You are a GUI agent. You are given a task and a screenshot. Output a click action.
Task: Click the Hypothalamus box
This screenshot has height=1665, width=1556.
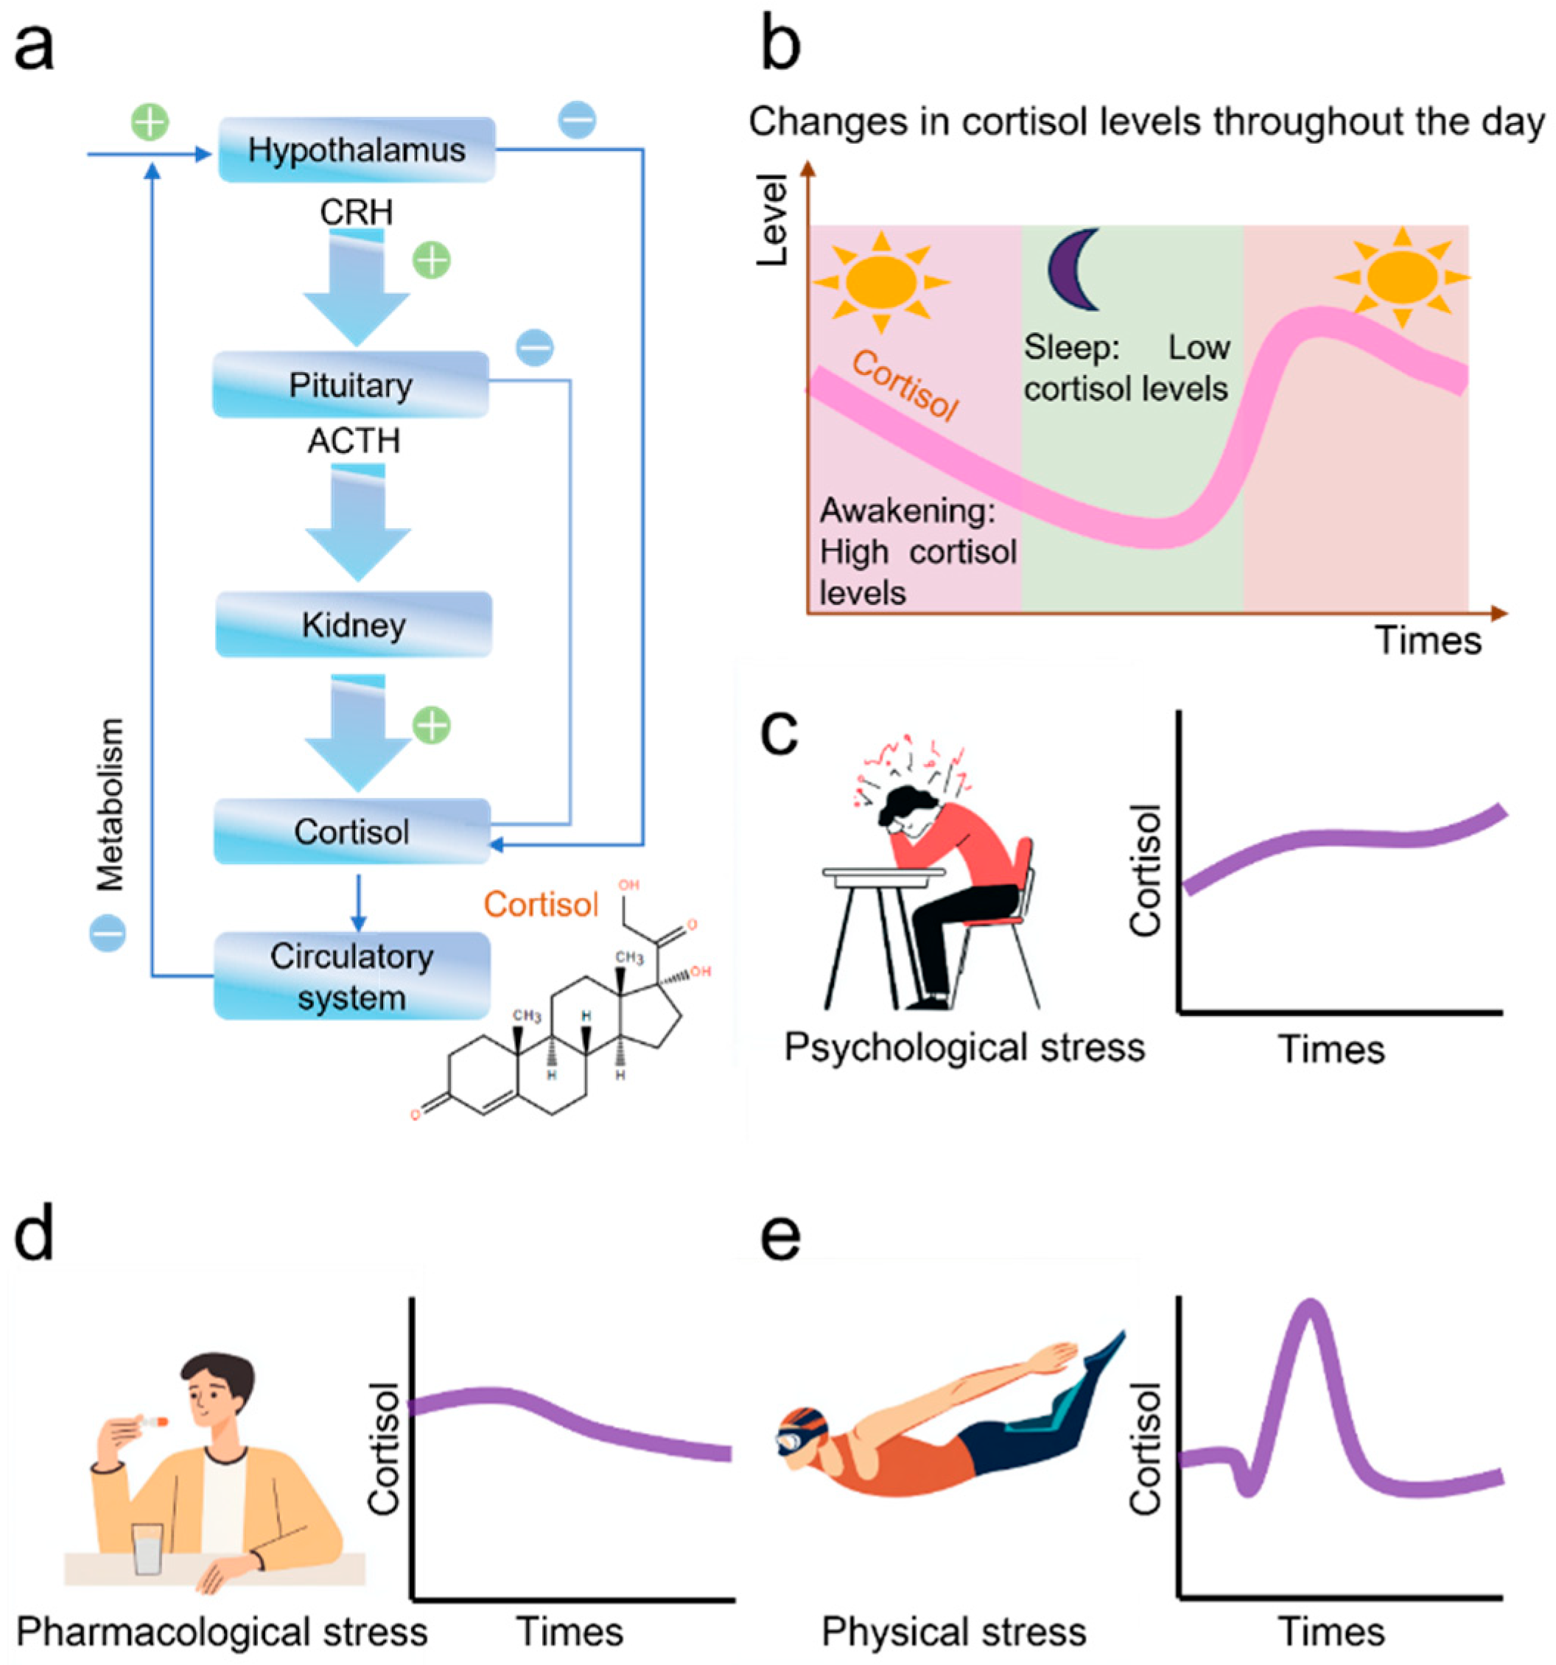(x=356, y=150)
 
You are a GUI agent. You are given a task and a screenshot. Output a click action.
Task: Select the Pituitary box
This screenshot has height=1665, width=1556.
(x=350, y=385)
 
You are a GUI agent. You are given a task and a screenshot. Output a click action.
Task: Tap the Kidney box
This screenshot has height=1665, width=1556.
(x=354, y=625)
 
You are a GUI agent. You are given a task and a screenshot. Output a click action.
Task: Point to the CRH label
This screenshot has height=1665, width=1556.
(x=356, y=212)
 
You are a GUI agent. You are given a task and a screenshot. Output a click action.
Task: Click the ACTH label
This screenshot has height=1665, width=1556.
(x=354, y=441)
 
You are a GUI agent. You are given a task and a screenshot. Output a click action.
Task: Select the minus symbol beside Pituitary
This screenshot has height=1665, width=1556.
(x=534, y=347)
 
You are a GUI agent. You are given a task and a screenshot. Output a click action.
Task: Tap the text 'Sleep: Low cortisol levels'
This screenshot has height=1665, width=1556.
(x=1126, y=368)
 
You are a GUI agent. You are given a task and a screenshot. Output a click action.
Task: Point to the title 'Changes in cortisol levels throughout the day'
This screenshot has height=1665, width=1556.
(x=1146, y=122)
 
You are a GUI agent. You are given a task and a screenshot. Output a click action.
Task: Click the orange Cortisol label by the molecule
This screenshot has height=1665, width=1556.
(x=540, y=905)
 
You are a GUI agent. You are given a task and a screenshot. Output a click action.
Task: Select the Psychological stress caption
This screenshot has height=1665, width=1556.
(x=964, y=1048)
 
